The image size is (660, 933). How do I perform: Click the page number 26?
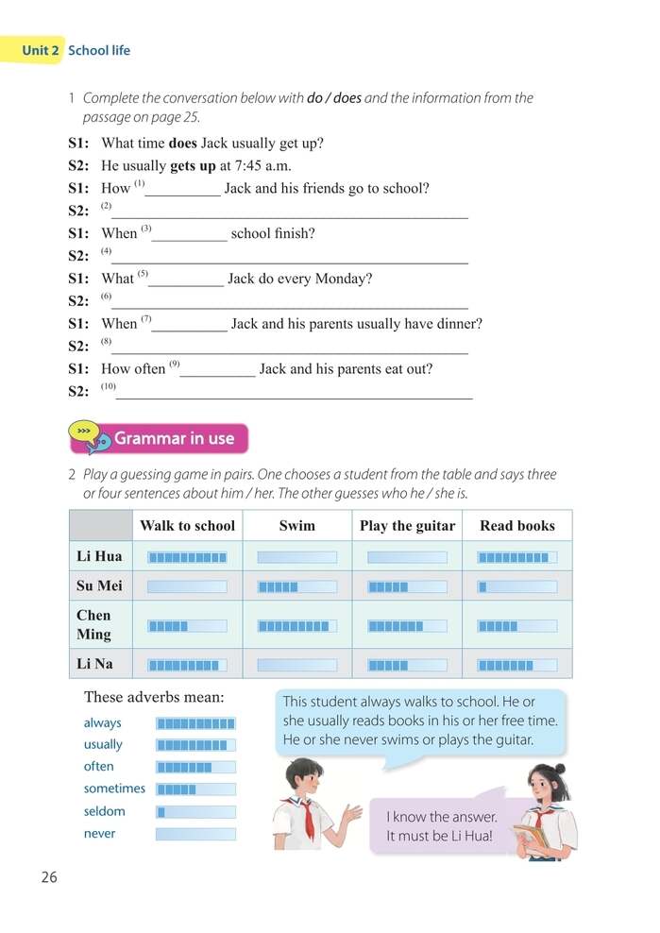(49, 876)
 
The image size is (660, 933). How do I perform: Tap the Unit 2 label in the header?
(42, 50)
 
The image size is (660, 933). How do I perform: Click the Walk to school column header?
(187, 526)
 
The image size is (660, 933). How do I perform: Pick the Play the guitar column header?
(407, 526)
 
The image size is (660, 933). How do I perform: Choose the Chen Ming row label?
(94, 624)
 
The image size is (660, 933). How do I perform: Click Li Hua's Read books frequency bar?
(516, 557)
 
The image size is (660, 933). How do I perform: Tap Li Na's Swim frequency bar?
(296, 665)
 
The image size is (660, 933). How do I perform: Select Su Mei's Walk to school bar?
(187, 586)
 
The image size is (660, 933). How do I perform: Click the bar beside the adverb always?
(195, 723)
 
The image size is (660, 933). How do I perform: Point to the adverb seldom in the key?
(104, 811)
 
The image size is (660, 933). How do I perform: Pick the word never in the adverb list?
(100, 834)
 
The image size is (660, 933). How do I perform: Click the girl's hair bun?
(559, 769)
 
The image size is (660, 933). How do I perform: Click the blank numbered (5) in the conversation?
(187, 280)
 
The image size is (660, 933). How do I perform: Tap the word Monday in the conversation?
(343, 279)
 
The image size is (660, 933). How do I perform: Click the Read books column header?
(516, 526)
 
